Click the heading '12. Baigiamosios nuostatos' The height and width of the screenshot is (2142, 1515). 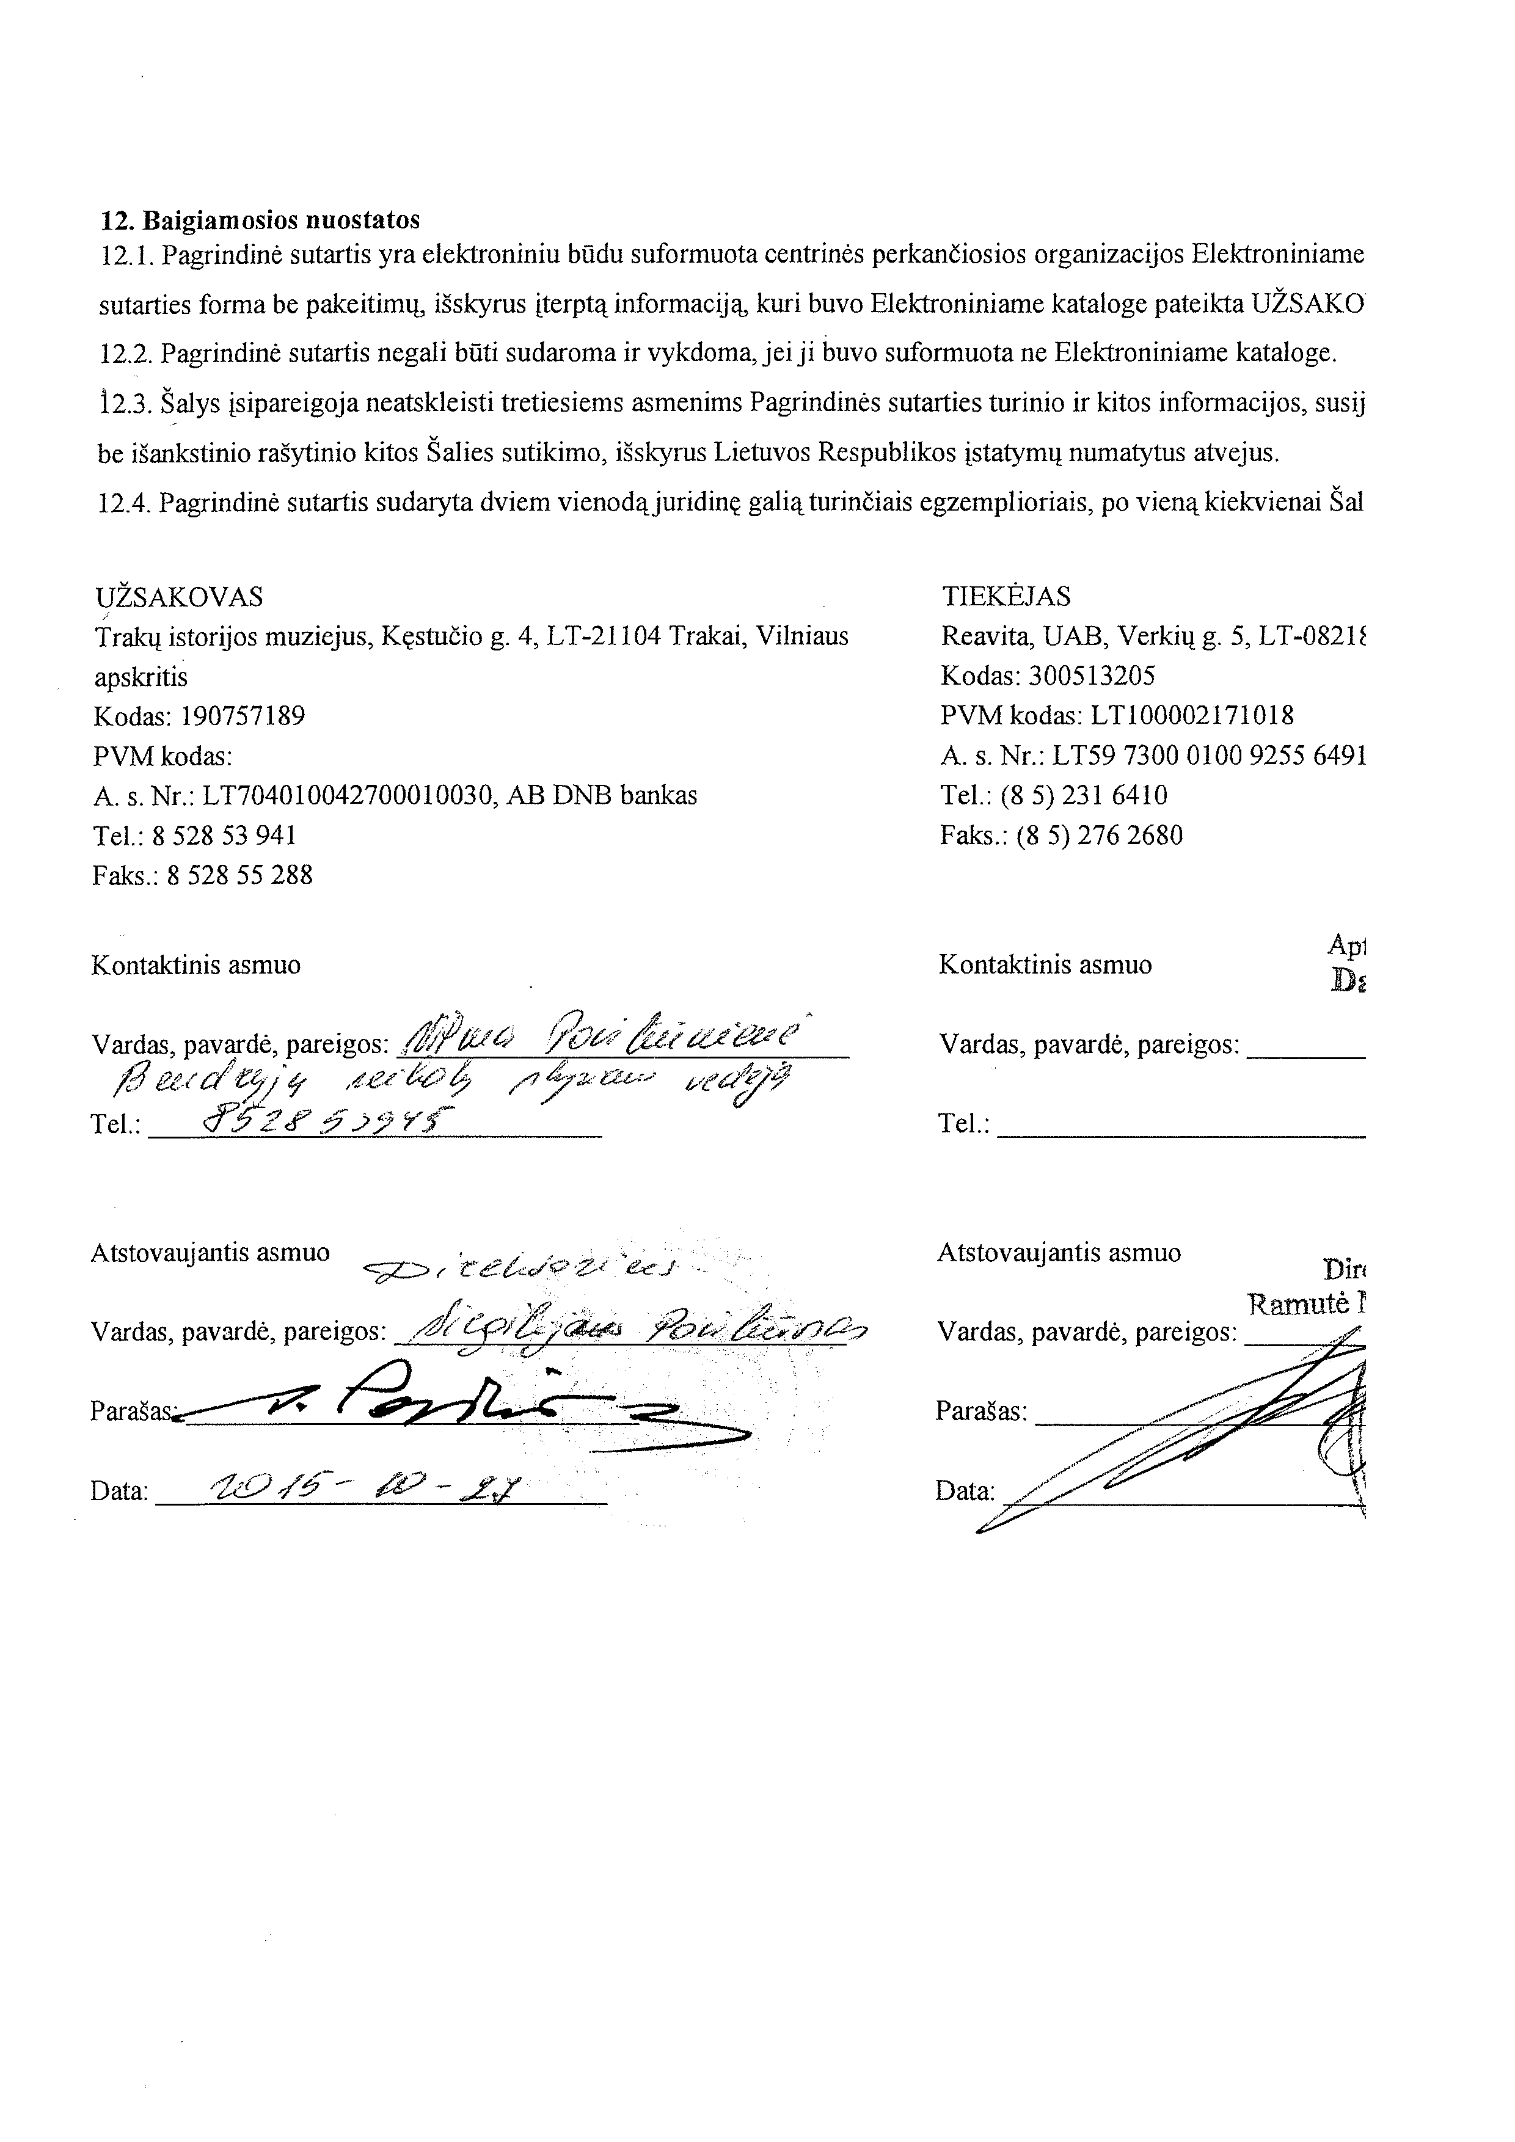[260, 220]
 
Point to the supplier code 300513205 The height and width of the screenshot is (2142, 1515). [1095, 676]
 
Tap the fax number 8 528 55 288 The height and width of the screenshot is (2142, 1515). [239, 875]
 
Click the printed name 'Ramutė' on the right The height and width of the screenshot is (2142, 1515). [1298, 1304]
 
